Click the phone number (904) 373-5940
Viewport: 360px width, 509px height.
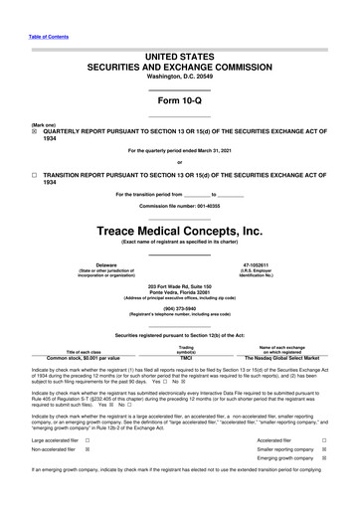179,307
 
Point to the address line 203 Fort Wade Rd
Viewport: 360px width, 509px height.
179,285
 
